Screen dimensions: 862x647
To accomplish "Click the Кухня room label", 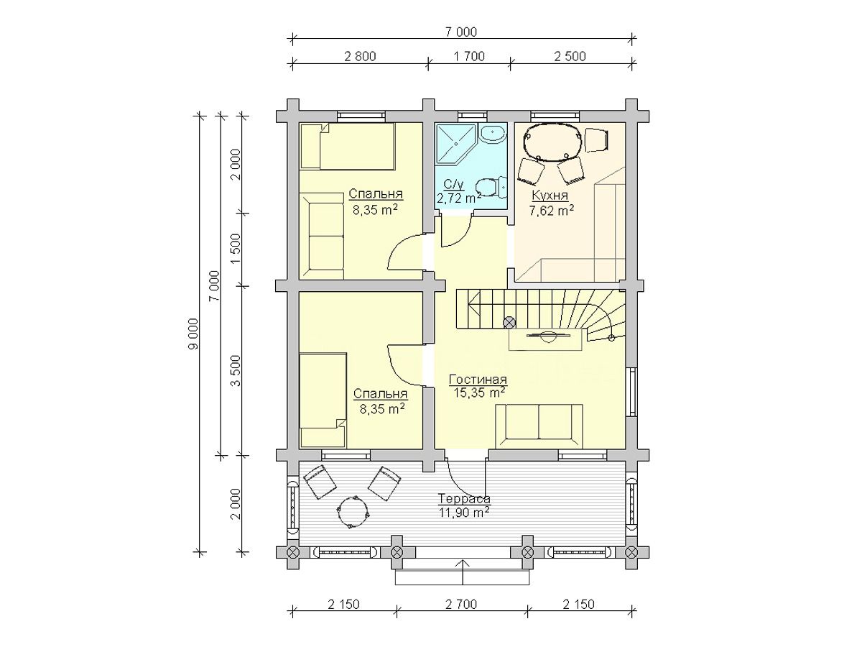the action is tap(550, 196).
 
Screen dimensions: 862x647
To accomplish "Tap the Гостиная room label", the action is tap(478, 380).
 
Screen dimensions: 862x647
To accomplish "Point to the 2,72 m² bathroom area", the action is tap(459, 198).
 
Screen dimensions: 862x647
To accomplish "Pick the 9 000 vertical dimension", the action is tap(195, 334).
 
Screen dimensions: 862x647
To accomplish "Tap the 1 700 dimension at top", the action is tap(469, 57).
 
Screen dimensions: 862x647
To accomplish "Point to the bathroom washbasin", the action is tap(493, 134).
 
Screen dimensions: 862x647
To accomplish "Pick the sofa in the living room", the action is tap(539, 426).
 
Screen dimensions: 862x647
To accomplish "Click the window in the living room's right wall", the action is tap(632, 392).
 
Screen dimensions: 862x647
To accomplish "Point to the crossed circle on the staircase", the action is tap(509, 323).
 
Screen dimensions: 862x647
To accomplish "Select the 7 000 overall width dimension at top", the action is tap(461, 32).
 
